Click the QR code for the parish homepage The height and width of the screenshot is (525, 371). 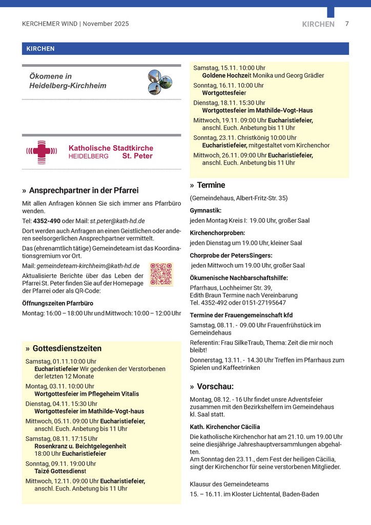[x=161, y=274]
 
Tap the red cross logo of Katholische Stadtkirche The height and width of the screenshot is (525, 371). [x=39, y=152]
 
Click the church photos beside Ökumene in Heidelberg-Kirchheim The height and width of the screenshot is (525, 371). [x=160, y=82]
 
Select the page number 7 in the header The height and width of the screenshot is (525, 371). [x=347, y=24]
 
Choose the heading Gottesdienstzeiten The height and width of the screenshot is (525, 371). [x=67, y=349]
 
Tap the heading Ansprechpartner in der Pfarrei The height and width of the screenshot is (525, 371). [x=84, y=191]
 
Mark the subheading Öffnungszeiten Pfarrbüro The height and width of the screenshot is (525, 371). [x=57, y=303]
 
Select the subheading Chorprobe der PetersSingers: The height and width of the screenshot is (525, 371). [x=231, y=255]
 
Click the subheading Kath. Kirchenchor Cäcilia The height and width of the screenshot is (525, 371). [x=225, y=427]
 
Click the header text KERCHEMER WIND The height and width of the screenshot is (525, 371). [x=50, y=24]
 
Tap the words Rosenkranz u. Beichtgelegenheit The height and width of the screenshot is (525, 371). [x=80, y=446]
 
